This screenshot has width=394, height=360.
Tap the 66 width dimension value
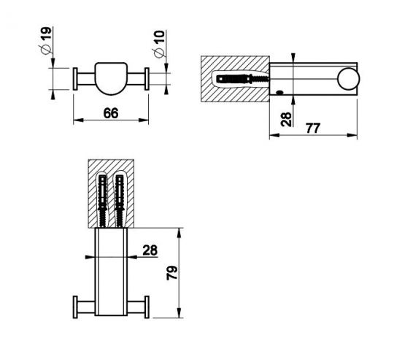pos(111,113)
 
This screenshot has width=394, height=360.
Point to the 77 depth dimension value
pos(313,129)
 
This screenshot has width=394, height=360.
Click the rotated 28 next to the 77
pos(286,118)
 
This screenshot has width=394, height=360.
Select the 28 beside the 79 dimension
pos(150,250)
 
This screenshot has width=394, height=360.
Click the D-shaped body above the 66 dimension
pos(112,77)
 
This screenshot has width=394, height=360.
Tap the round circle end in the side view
pos(348,79)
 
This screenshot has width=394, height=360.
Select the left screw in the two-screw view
pos(103,199)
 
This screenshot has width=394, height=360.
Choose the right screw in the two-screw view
pos(119,199)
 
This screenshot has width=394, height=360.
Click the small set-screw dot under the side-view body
pos(279,93)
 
